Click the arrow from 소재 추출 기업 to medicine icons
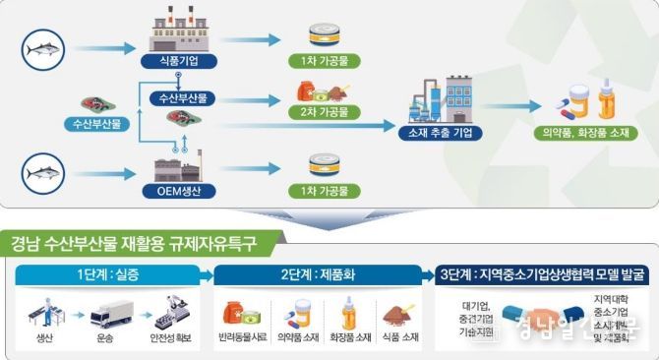pyautogui.click(x=511, y=107)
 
